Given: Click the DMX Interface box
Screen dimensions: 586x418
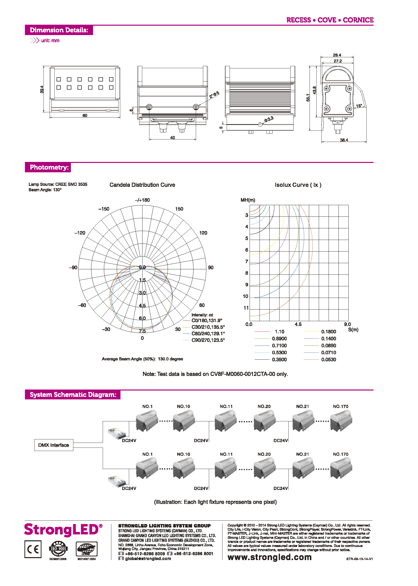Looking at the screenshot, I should click(54, 445).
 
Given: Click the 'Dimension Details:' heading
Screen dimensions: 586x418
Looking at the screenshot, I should click(59, 30).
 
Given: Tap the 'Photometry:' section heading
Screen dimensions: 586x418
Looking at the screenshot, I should click(49, 167).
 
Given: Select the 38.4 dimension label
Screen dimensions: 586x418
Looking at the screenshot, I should click(344, 140).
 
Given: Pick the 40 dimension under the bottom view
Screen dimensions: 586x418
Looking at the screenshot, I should click(172, 138).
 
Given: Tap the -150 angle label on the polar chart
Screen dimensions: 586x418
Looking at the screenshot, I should click(104, 209).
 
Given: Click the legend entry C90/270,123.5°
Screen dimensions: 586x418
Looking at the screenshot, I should click(208, 340).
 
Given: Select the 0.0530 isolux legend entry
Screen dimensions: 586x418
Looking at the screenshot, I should click(328, 360).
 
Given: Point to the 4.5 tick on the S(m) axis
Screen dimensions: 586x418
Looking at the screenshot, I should click(298, 324).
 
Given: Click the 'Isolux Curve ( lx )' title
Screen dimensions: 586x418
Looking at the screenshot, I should click(298, 185).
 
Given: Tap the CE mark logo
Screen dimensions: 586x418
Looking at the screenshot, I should click(33, 549).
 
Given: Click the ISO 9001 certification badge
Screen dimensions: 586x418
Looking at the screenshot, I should click(58, 548).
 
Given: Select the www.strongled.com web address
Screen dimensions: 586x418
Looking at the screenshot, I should click(269, 557).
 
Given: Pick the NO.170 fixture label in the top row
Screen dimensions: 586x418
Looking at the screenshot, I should click(340, 406).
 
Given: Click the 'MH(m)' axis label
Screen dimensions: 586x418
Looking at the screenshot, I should click(248, 200).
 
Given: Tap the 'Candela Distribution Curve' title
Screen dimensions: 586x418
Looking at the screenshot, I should click(142, 185).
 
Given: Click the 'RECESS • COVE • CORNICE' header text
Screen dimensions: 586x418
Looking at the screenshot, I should click(330, 20).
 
